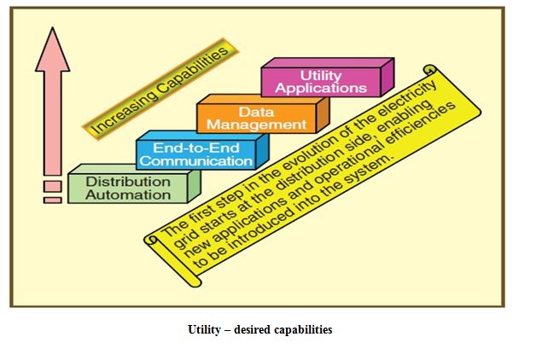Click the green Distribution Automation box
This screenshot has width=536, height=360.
tap(128, 188)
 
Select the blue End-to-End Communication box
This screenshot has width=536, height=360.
tap(196, 154)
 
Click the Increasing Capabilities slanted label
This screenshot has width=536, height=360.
tap(160, 88)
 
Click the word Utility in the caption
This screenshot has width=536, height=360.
tap(205, 330)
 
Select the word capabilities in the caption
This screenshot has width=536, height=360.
tap(298, 330)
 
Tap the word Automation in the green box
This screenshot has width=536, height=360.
tap(128, 195)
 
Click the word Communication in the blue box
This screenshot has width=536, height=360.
tap(196, 160)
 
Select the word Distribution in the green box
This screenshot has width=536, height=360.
tap(128, 182)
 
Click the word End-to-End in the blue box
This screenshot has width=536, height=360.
tap(196, 148)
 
